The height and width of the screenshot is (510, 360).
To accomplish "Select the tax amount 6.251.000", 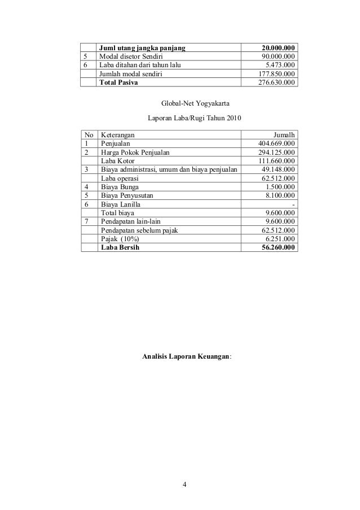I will (x=278, y=239).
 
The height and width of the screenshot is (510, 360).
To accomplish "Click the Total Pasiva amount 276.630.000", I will (x=274, y=82).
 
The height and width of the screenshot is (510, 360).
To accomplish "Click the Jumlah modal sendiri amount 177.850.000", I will (x=274, y=74).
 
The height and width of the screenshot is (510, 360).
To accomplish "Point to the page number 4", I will (x=185, y=484).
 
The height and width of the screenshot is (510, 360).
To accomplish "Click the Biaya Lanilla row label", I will (x=121, y=204).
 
